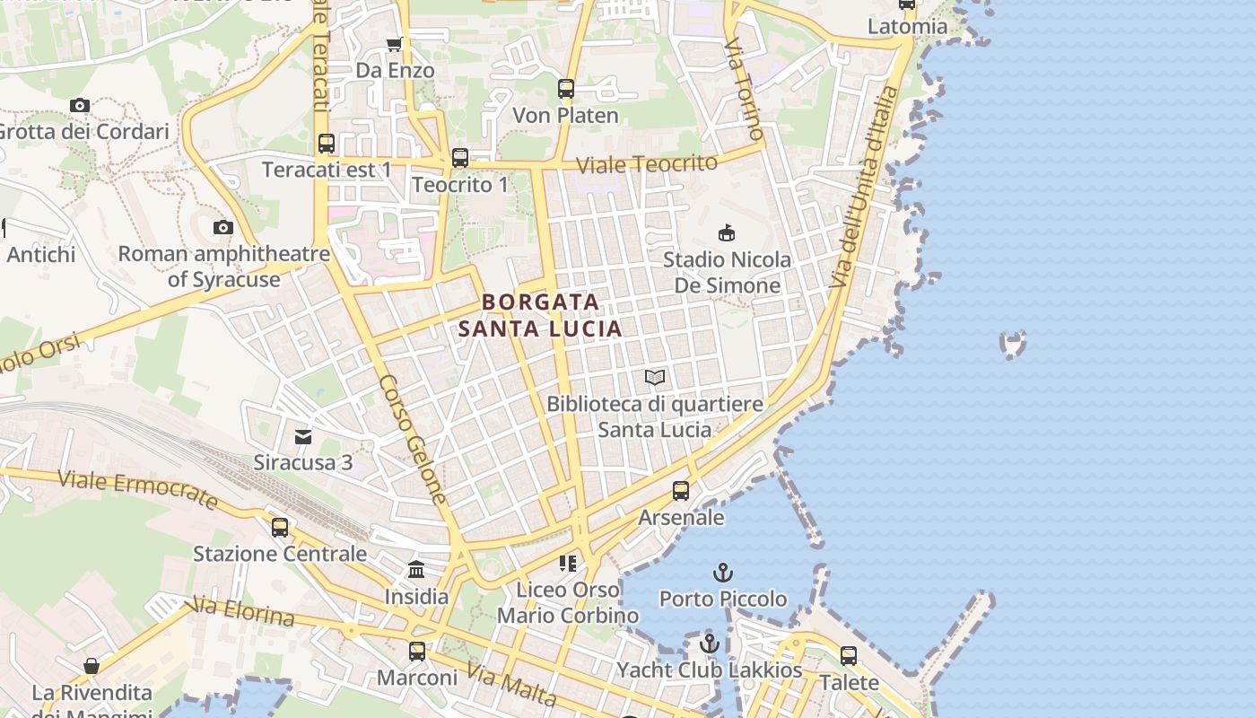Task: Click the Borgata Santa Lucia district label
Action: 540,315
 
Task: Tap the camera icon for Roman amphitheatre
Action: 223,228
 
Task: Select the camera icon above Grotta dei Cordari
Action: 80,106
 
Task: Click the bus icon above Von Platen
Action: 565,89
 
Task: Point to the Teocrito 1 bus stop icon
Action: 460,158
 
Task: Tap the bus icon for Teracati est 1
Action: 327,144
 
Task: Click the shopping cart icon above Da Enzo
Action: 394,44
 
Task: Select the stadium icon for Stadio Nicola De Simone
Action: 727,233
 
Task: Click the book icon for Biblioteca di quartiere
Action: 655,378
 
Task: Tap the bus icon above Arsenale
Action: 681,491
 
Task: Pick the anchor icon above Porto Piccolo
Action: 722,572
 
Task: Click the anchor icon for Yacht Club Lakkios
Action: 710,644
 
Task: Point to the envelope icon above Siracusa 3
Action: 303,437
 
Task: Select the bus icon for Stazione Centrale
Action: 280,527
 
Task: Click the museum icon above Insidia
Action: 416,570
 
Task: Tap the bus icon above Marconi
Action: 417,652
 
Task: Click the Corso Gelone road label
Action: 413,438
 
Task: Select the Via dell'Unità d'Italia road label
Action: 862,188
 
